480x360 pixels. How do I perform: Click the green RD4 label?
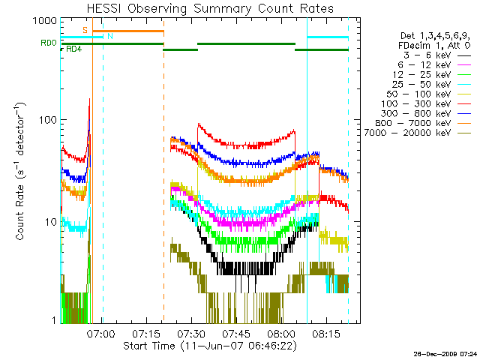pos(74,49)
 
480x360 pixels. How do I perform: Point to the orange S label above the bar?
pos(85,30)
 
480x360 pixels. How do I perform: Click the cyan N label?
pos(110,36)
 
